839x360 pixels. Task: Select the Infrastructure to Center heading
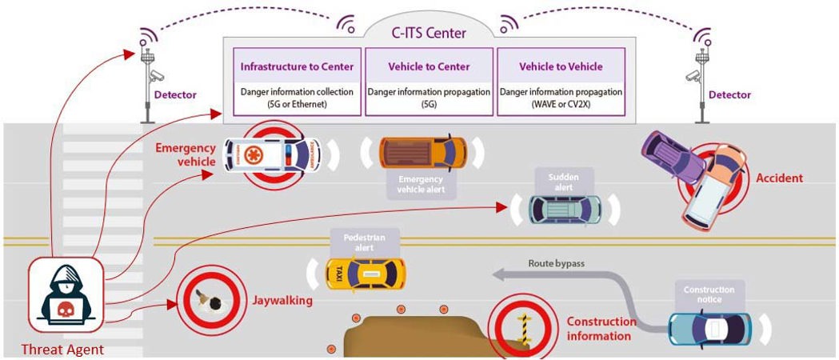[293, 66]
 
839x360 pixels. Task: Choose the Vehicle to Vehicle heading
[561, 66]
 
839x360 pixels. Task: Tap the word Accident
[779, 178]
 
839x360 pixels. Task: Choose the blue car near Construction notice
[710, 327]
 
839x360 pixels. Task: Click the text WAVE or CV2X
[561, 104]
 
